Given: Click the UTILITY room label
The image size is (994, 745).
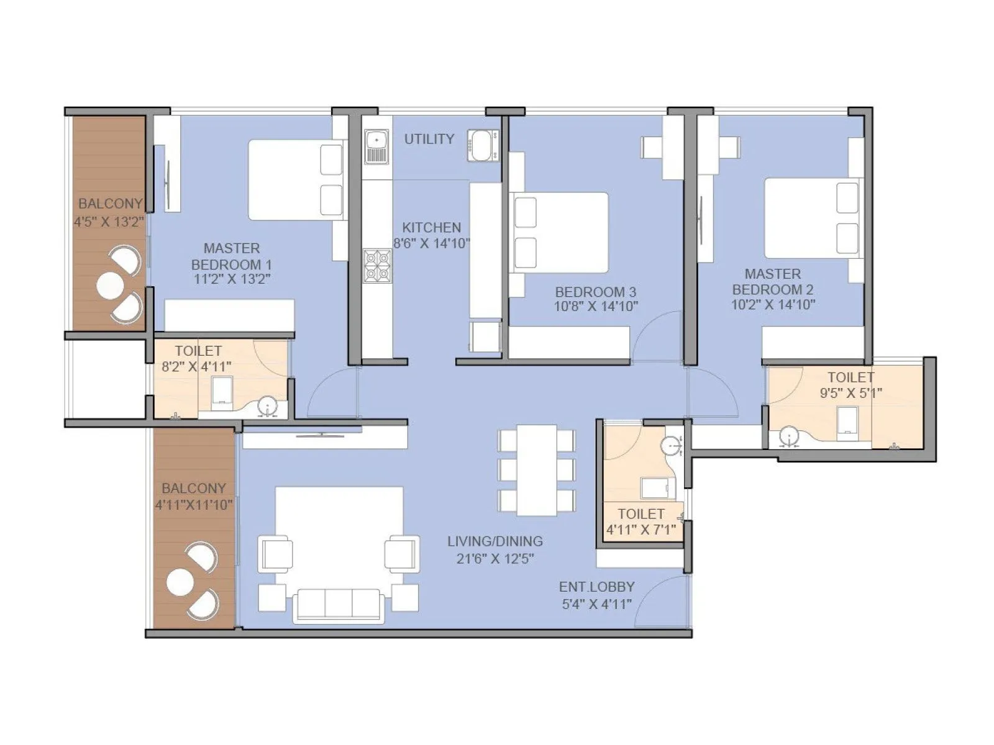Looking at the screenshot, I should click(429, 139).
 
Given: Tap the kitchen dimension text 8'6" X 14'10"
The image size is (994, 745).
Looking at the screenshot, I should click(431, 243).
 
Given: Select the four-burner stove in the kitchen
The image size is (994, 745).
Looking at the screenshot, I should click(376, 266).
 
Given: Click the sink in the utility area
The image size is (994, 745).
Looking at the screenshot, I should click(376, 147).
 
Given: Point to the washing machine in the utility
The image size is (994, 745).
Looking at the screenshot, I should click(483, 145).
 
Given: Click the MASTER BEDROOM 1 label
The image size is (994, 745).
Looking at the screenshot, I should click(232, 256).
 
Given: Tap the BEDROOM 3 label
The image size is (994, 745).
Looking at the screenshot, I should click(595, 291).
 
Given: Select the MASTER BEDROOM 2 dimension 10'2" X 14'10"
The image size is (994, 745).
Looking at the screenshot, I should click(773, 305).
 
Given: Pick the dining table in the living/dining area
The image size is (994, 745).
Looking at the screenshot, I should click(537, 469).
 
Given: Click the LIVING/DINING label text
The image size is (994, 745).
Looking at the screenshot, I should click(495, 541).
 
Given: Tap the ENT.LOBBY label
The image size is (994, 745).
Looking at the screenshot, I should click(596, 587).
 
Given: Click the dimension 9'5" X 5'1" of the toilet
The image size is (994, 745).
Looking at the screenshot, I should click(850, 393).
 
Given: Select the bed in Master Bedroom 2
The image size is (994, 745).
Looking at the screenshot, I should click(811, 218).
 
